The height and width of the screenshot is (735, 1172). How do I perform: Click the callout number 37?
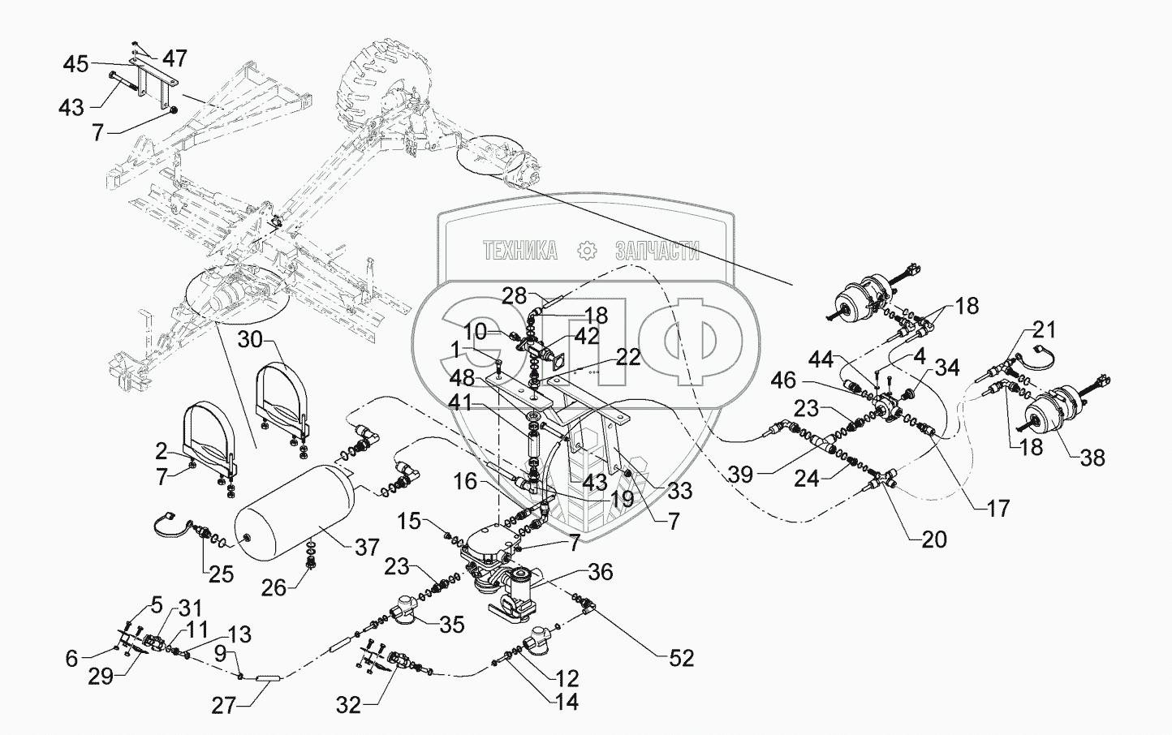tap(367, 547)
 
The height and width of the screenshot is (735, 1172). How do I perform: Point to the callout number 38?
tap(1093, 458)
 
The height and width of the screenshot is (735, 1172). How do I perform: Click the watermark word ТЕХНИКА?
tap(519, 251)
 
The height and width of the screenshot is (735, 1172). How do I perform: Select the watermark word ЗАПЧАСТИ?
tap(657, 251)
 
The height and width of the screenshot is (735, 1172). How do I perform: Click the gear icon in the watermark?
tap(585, 251)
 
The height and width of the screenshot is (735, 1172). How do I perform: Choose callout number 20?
tap(933, 539)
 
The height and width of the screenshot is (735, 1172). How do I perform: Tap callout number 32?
tap(349, 705)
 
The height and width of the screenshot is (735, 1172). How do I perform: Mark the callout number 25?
tap(221, 574)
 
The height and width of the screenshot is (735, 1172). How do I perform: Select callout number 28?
tap(513, 297)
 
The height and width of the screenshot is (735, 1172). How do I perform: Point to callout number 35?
tap(451, 624)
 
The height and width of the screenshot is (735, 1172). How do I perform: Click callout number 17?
tap(997, 508)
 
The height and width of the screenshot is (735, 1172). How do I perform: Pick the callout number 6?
tap(72, 659)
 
